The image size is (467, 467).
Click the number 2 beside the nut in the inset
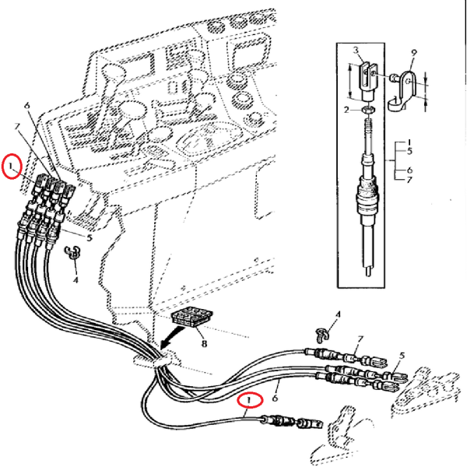[x=347, y=110]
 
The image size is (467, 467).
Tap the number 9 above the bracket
[x=414, y=52]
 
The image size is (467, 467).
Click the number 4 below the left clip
[x=76, y=277]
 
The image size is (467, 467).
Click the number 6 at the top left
[x=26, y=104]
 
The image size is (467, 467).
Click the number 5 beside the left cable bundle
[x=90, y=237]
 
